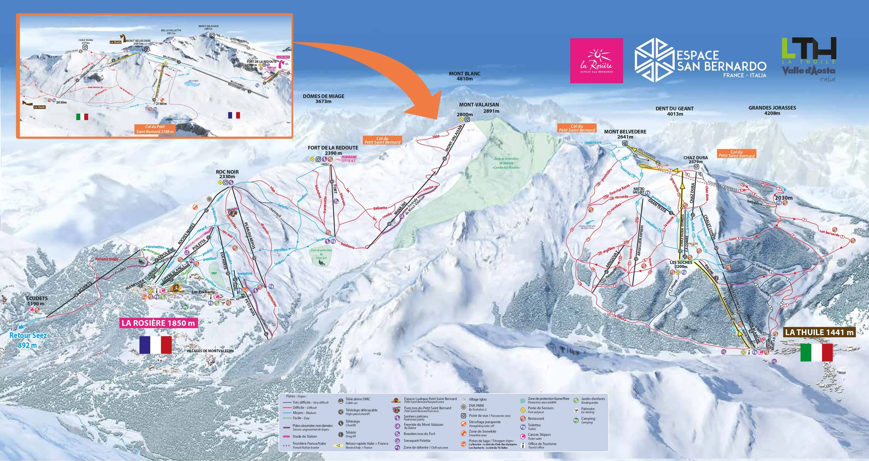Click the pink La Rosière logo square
pos(596,60)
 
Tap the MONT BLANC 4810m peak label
pos(464,76)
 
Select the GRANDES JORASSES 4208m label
pos(772,110)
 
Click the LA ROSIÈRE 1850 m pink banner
pos(158,323)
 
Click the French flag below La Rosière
pos(155,345)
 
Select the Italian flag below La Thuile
pos(816,352)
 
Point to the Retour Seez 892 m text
pos(28,340)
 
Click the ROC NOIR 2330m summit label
pos(227,174)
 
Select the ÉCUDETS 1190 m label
pos(37,301)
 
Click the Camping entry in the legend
pos(588,420)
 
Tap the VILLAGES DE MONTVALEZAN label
pos(210,351)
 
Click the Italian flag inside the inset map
pos(82,117)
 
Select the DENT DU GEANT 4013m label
pos(674,111)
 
